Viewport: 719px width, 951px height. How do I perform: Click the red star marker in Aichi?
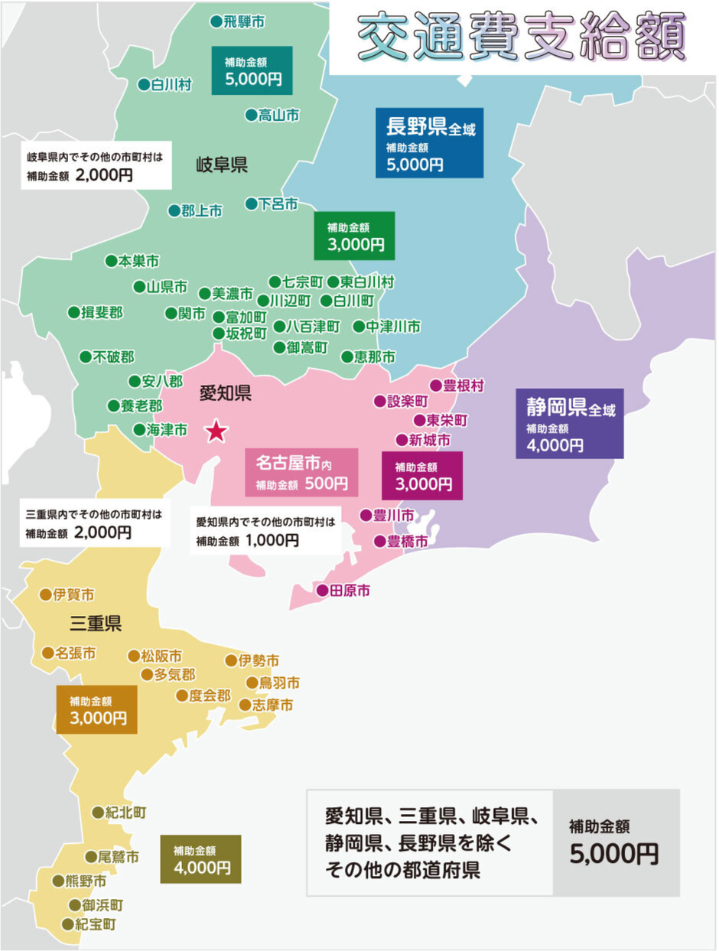[x=216, y=432]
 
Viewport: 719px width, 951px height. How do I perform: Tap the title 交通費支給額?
[x=520, y=37]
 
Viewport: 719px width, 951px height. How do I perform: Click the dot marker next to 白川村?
[x=143, y=85]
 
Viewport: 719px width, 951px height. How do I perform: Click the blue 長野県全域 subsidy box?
[x=429, y=143]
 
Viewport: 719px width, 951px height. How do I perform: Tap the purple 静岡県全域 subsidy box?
[x=569, y=422]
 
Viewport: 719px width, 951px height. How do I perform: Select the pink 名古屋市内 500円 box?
[x=301, y=473]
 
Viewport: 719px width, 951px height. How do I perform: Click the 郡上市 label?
[x=201, y=211]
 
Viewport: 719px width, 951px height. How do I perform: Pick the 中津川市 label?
[x=392, y=327]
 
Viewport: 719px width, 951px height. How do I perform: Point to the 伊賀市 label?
[x=73, y=594]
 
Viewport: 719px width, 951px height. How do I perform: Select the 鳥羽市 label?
[x=279, y=682]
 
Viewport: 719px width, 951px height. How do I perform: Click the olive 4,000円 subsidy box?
[x=200, y=859]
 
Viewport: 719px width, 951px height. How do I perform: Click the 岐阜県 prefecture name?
[x=222, y=164]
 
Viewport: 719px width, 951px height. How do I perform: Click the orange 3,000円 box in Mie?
[x=96, y=709]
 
